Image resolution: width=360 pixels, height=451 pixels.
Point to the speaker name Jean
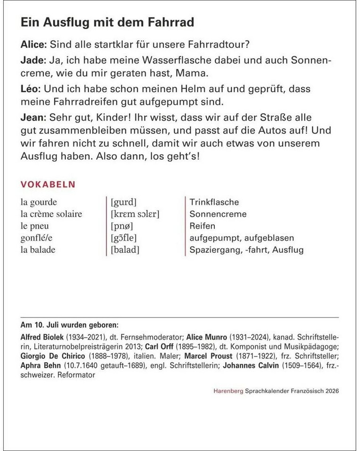coord(32,116)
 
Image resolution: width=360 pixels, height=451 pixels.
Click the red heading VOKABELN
coord(48,184)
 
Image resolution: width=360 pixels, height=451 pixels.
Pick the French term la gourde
coord(39,202)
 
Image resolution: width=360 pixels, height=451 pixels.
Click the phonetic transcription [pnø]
coord(122,226)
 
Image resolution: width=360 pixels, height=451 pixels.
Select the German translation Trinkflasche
coord(214,202)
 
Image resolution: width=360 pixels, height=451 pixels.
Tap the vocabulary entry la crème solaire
coord(51,214)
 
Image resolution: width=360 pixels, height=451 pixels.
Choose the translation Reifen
coord(203,226)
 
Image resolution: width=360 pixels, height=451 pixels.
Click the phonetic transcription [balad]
coord(125,250)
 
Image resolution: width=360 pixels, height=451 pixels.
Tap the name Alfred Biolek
coord(39,337)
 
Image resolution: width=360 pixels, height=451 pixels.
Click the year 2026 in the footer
coord(330,391)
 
